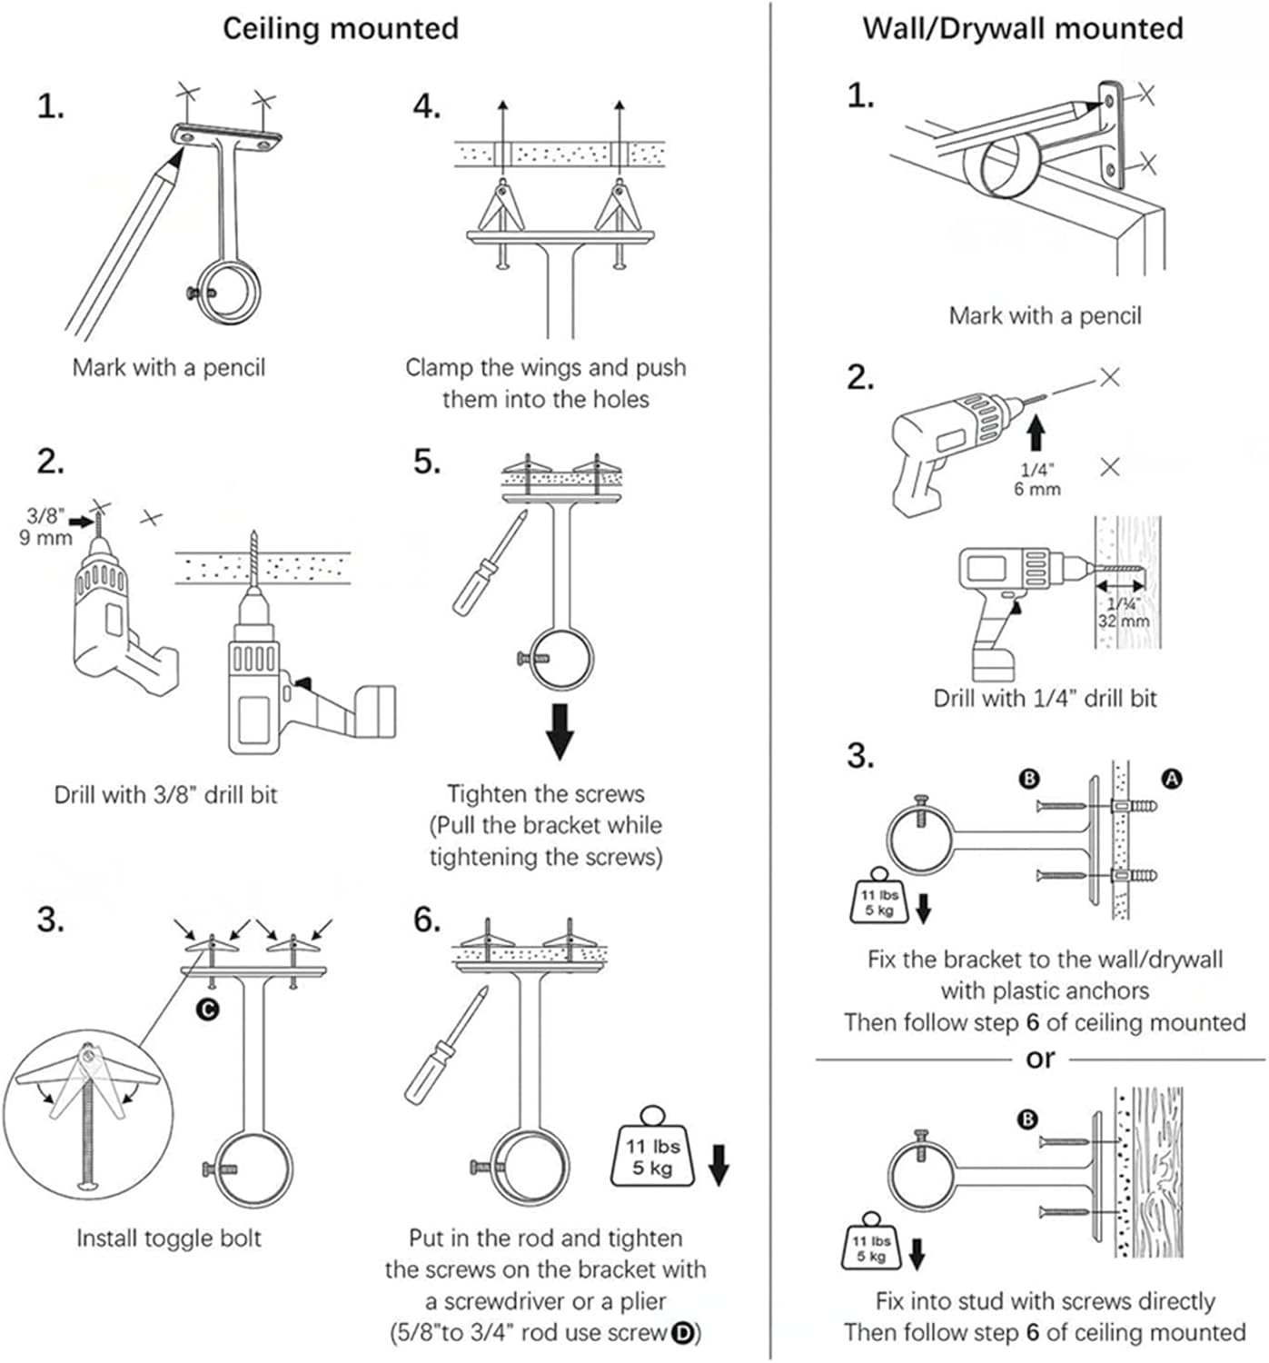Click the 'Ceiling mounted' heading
point(341,28)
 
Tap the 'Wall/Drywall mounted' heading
point(1022,28)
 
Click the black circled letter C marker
point(208,1009)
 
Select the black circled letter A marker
point(1172,778)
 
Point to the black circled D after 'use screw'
point(682,1333)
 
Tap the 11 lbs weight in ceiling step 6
point(653,1149)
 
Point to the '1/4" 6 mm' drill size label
point(1036,479)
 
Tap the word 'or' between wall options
point(1040,1059)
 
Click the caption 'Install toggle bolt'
point(169,1239)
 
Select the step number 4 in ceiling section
point(426,107)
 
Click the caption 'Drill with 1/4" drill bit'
point(1045,698)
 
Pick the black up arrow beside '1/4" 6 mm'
point(1036,431)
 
